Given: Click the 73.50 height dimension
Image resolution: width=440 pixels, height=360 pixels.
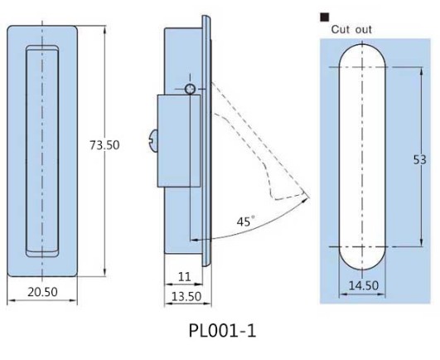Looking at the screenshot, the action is tap(104, 145).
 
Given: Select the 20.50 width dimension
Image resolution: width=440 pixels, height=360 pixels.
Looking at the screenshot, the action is tap(42, 292).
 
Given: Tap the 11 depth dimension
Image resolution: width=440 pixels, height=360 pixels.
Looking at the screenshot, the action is tap(184, 277).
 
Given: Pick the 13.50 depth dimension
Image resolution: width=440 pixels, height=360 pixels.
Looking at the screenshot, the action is tap(186, 296).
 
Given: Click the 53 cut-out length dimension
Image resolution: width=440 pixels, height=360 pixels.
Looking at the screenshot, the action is tap(420, 160).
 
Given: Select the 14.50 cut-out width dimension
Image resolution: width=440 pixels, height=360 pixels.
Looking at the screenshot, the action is tap(364, 285).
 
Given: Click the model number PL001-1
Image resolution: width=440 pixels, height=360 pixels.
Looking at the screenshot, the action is tap(222, 331).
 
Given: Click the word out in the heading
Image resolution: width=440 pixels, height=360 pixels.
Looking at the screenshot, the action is tap(364, 30).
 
